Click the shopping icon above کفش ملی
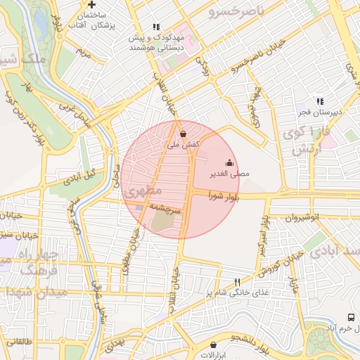184,133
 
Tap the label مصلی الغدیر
229,173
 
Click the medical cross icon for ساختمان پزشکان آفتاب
91,5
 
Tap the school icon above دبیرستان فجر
320,101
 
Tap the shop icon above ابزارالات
213,345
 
